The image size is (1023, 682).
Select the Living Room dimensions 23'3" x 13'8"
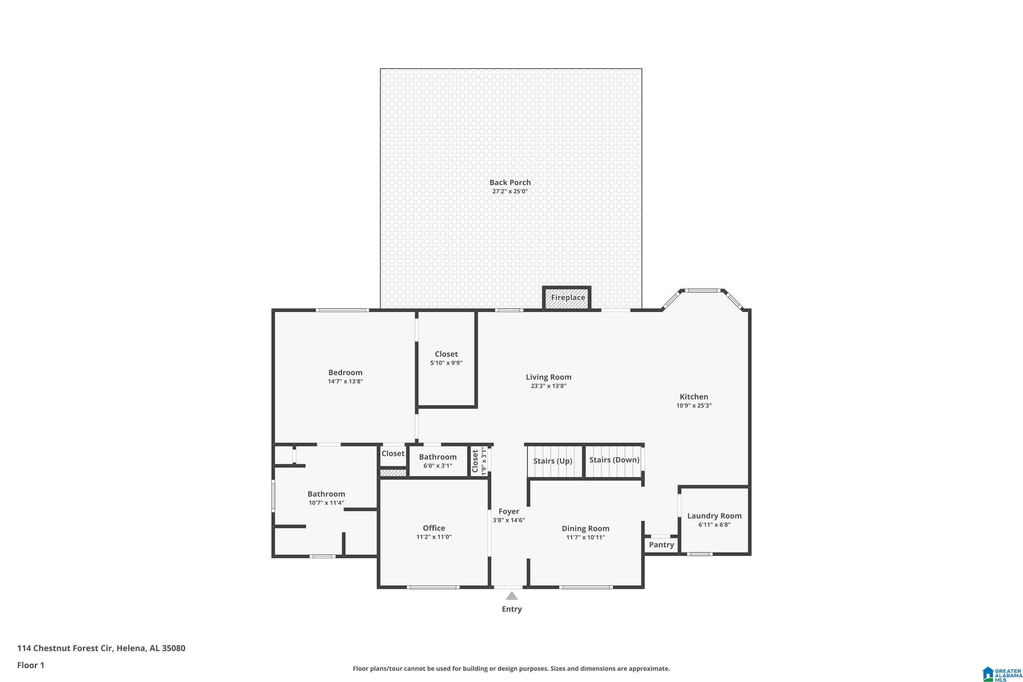pos(548,386)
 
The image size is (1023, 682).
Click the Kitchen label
pos(693,397)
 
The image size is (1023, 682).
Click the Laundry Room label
pos(714,516)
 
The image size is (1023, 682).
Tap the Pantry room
pos(661,545)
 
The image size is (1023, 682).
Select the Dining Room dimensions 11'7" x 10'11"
pos(585,537)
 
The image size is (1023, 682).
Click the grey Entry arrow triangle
pos(512,596)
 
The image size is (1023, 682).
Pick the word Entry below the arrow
pos(512,609)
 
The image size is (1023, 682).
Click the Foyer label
pos(508,512)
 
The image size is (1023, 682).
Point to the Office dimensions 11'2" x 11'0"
pos(434,537)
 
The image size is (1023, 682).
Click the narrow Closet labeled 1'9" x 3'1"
pos(478,461)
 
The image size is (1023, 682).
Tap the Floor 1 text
pos(30,665)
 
